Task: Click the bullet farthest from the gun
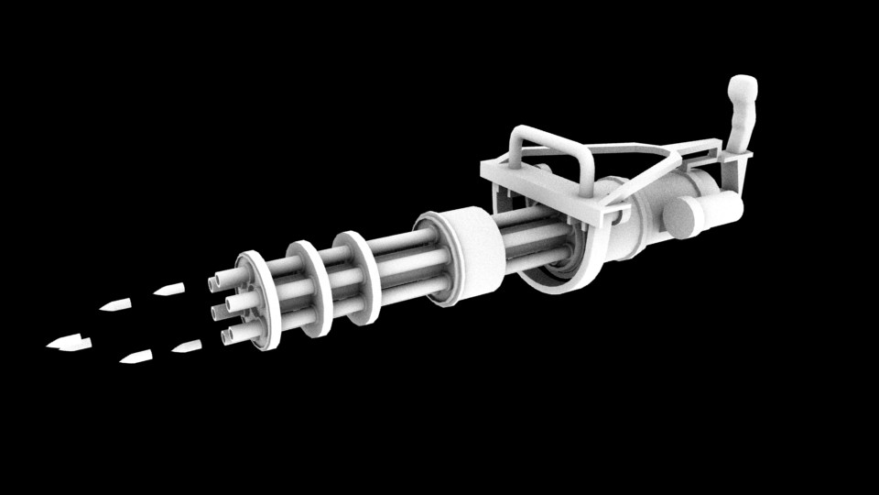click(x=69, y=344)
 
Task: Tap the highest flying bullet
click(x=168, y=290)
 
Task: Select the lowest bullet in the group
click(x=136, y=357)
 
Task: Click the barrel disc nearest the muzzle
click(x=260, y=298)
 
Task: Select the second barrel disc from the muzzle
click(x=311, y=284)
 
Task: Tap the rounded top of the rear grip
click(x=743, y=89)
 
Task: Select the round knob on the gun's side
click(x=682, y=216)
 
